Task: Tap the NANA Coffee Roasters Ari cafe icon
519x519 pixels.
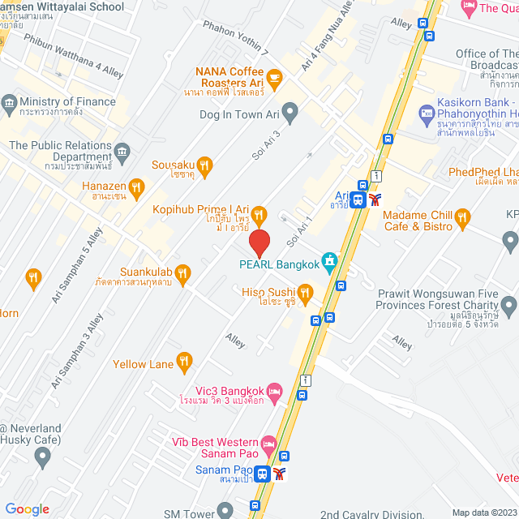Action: coord(274,79)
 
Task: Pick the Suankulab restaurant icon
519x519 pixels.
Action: coord(183,274)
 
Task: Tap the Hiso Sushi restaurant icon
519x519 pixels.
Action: coord(305,292)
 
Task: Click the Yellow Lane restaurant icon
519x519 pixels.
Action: coord(185,362)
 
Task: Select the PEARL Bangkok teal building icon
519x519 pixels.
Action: coord(330,261)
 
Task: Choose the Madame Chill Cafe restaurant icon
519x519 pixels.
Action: coord(463,217)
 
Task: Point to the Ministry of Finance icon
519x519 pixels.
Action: coord(9,103)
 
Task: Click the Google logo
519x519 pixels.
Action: coord(27,508)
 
